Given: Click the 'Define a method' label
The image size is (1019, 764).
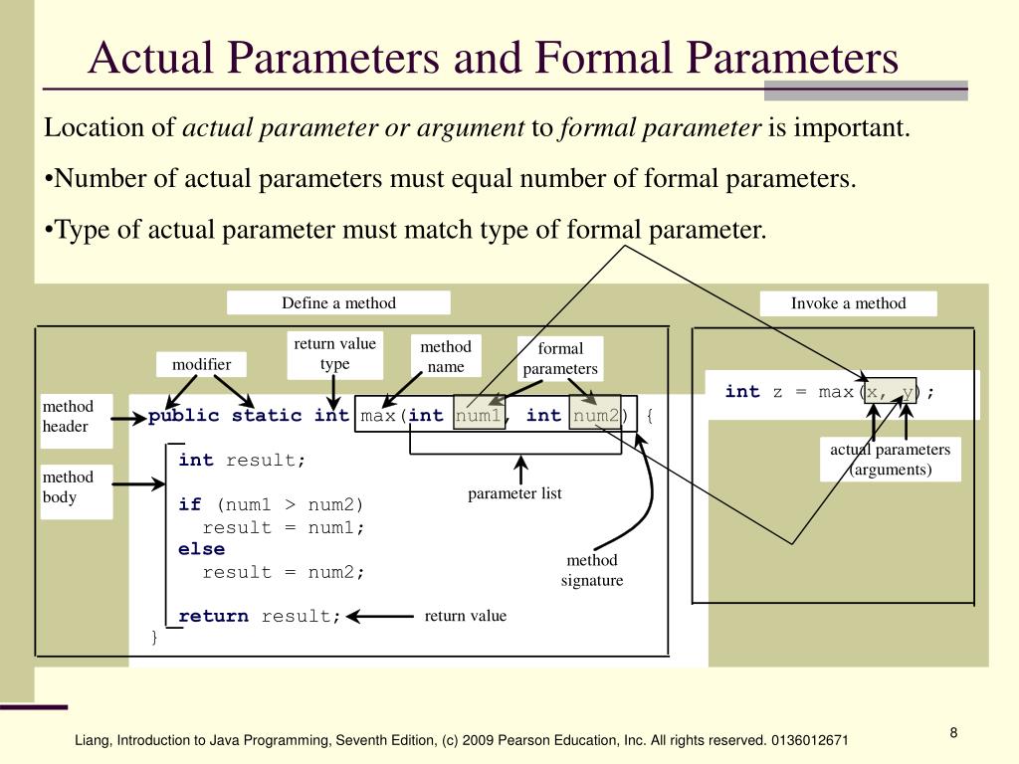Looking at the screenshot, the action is coord(338,302).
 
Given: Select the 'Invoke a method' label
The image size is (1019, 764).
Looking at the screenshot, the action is coord(848,303).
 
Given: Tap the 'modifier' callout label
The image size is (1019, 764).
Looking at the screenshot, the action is coord(201,364).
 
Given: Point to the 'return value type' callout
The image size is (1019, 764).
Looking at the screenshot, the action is coord(334,354).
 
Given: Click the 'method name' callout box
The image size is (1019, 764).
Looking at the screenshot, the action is coord(446,356).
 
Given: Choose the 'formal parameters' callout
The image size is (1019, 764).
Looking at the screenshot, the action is coord(560,358).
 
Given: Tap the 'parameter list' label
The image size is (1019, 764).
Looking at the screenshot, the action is coord(514,493).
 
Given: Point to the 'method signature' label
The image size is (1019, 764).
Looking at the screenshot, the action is coord(592,570).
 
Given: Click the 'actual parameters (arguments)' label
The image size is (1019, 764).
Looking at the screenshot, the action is coord(891,460).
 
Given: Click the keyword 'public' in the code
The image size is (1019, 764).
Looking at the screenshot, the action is coord(184,416).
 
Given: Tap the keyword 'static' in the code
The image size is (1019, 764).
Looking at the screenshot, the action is coord(267,415).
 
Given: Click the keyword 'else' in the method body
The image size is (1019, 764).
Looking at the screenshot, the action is coord(201,549).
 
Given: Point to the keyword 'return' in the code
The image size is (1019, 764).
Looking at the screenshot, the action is coord(213,616).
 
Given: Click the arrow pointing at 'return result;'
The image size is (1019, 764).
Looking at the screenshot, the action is coord(380,616).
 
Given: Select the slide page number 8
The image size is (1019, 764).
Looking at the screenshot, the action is coord(953,733).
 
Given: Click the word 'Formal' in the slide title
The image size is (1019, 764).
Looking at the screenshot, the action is coord(604,57).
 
